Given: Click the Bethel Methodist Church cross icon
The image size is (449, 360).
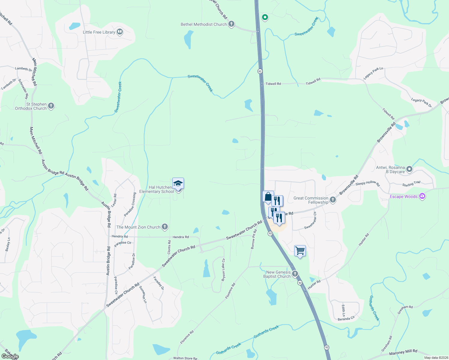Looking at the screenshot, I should click(x=231, y=24).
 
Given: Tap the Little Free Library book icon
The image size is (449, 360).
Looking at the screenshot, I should click(x=120, y=32).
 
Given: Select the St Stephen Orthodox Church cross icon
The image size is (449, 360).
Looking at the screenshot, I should click(x=51, y=106).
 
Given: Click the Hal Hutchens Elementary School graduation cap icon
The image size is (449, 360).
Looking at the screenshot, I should click(x=178, y=183).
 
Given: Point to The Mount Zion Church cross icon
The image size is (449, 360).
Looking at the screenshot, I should click(x=164, y=227).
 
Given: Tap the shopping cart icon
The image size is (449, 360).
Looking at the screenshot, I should click(x=300, y=250).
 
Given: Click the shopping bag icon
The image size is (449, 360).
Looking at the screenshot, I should click(x=268, y=197).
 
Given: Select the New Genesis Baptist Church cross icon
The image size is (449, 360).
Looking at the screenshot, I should click(x=295, y=274).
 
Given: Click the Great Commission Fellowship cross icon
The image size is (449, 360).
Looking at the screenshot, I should click(x=333, y=200).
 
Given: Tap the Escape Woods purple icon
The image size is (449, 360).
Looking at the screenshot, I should click(x=422, y=196).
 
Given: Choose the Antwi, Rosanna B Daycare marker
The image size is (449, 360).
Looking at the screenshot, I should click(x=409, y=169).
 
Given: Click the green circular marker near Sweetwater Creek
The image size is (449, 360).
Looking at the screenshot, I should click(x=265, y=17).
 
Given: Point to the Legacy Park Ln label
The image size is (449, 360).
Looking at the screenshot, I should click(x=373, y=73).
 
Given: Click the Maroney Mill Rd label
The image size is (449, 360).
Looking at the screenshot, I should click(x=403, y=352).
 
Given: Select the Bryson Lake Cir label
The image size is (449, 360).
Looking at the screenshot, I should click(x=223, y=270).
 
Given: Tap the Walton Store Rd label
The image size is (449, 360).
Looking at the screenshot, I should click(x=185, y=358).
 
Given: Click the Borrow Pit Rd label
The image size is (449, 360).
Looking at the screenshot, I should click(x=254, y=239).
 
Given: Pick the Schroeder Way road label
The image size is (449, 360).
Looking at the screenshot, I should click(x=23, y=89).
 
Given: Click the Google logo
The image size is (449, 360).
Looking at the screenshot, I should click(x=10, y=356).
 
